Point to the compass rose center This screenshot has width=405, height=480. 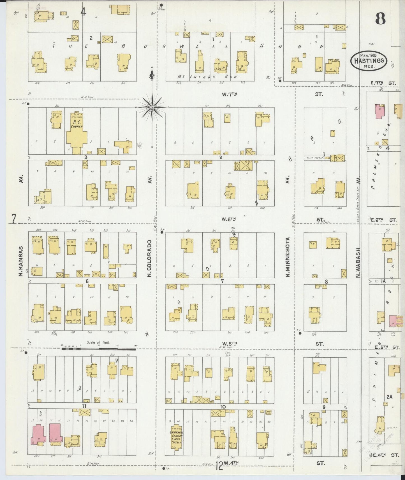point(152,107)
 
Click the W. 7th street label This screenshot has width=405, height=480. point(230,95)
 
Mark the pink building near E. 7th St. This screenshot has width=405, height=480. point(380,113)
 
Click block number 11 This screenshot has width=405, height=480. point(84,406)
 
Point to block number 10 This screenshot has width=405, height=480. point(223,407)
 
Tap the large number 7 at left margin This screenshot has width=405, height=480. point(13,219)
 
